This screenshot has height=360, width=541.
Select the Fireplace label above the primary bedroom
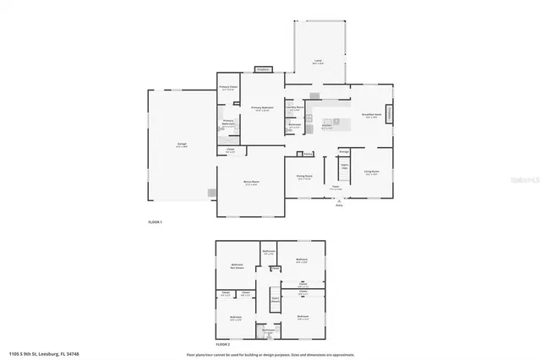coord(262,69)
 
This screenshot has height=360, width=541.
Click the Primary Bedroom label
coord(262,108)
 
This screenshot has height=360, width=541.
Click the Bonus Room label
coord(251,183)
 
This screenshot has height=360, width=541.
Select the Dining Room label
coord(304,177)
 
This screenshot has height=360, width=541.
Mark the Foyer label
coord(336,188)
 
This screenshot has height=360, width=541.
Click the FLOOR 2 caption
coord(223,345)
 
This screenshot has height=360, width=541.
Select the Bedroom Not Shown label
coord(237,266)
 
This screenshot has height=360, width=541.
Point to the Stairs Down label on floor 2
coord(275,299)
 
